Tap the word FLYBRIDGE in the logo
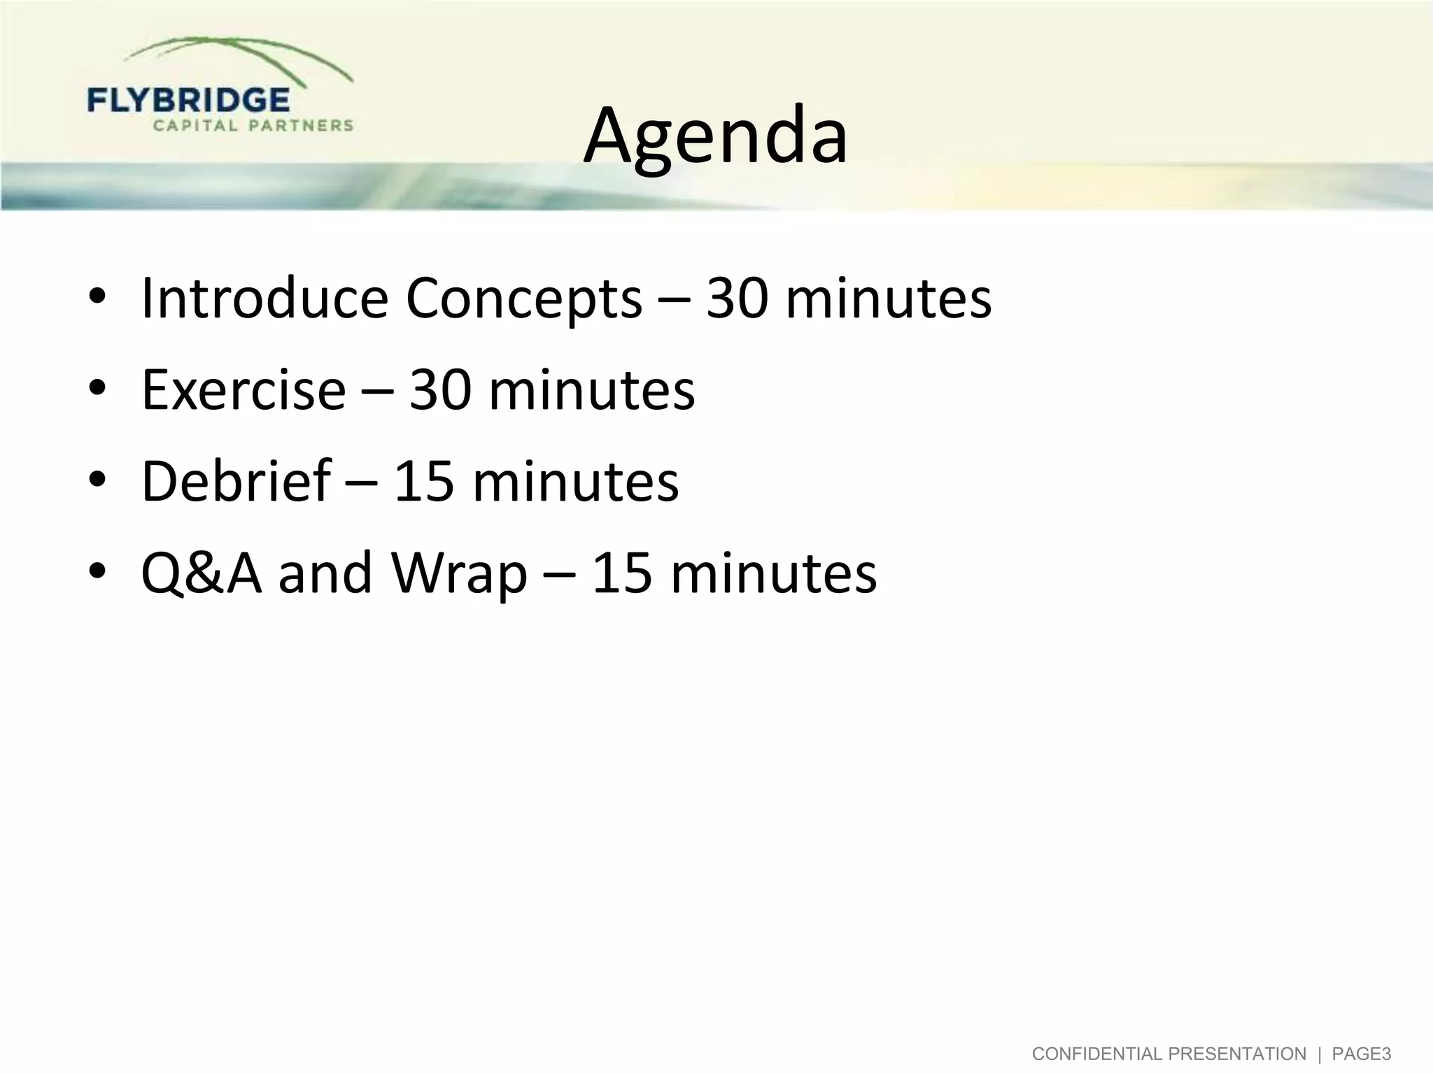pos(188,101)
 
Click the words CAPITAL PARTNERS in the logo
pos(253,126)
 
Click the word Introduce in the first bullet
pos(264,299)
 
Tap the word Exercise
pos(243,390)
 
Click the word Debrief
pos(236,481)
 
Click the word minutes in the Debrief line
pos(575,481)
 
